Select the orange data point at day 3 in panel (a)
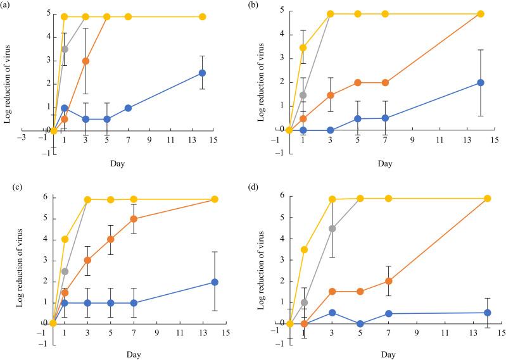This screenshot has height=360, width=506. [85, 61]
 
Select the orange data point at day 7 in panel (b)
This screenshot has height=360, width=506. [386, 83]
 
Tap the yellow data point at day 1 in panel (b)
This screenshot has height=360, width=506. [303, 47]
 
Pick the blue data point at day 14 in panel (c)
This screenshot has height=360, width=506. [215, 282]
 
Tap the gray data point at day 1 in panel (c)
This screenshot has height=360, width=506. [65, 271]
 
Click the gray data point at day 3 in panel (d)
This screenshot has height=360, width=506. [332, 228]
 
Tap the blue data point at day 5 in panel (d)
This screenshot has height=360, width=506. [361, 323]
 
